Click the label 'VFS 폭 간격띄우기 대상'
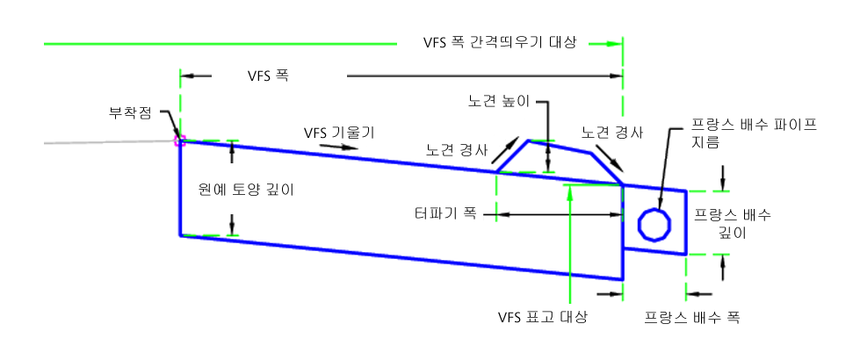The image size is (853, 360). click(x=499, y=42)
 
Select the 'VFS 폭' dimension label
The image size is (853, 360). click(x=269, y=76)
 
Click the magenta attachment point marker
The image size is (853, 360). click(x=178, y=139)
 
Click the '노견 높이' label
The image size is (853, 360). click(x=498, y=101)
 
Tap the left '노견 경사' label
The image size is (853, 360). click(x=456, y=148)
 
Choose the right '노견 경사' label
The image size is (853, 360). click(x=612, y=133)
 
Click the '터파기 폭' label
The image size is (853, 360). click(x=445, y=212)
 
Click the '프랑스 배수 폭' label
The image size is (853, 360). click(x=692, y=316)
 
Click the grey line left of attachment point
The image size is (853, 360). click(x=88, y=141)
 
